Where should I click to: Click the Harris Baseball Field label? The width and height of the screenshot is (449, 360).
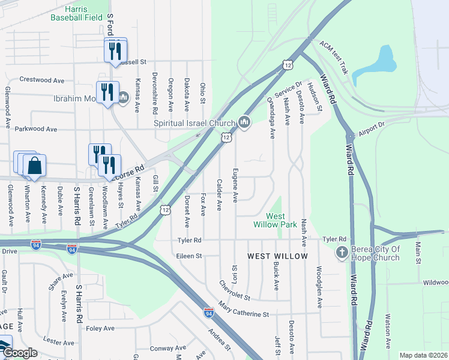[76, 13]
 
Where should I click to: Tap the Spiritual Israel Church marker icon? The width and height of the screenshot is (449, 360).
[244, 122]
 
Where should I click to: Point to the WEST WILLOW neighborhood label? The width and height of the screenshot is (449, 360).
[277, 256]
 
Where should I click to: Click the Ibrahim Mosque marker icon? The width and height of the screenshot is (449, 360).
[124, 97]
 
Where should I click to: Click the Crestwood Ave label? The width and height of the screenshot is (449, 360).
[41, 79]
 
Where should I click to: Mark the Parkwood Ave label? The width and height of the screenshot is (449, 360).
[35, 129]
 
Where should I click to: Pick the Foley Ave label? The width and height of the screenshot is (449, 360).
[100, 328]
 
